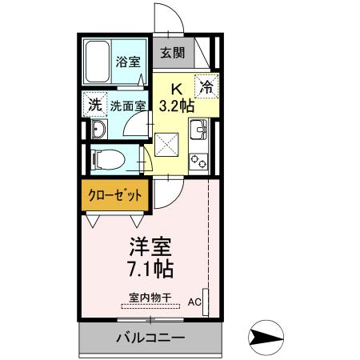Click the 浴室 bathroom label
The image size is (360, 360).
(126, 62)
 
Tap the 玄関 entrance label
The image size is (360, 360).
(172, 54)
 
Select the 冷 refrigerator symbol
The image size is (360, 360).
(206, 86)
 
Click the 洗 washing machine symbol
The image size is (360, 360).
(95, 105)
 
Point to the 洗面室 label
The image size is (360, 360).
(127, 105)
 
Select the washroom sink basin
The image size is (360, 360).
(98, 130)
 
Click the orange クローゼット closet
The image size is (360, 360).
(115, 195)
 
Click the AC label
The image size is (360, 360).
(194, 303)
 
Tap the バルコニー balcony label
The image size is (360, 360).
(150, 337)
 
